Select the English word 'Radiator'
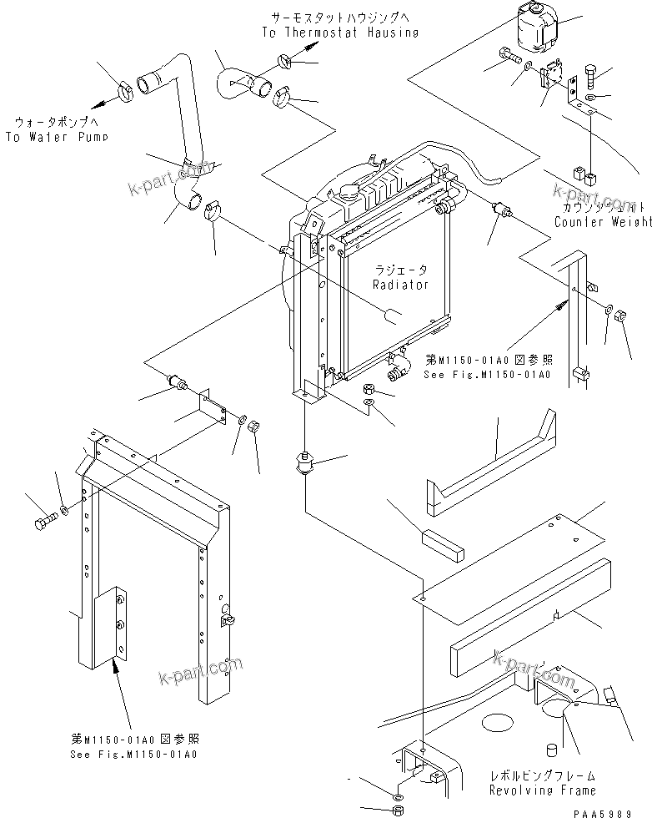click(x=401, y=285)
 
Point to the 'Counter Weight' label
click(x=603, y=222)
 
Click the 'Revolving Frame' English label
click(x=542, y=790)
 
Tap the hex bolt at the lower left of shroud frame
click(x=43, y=524)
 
